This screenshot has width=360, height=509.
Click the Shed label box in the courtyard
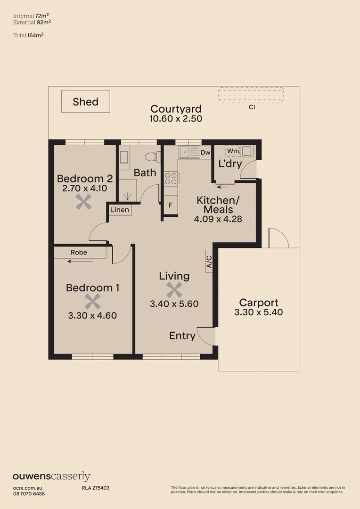(85, 102)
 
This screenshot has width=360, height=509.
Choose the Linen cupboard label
(120, 210)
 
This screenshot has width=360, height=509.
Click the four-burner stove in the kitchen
(171, 178)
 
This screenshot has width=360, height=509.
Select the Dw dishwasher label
(205, 152)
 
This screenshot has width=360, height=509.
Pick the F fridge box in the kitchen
(170, 205)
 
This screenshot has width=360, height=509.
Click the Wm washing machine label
(233, 151)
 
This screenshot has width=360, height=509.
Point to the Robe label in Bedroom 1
(79, 253)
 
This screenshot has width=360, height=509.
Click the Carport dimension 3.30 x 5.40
(258, 312)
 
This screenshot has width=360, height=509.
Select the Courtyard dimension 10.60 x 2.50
(176, 119)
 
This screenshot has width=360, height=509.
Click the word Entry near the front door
(182, 336)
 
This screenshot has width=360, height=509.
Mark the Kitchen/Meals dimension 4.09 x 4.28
(218, 219)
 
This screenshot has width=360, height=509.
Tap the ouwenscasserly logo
(51, 476)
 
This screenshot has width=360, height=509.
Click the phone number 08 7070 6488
(29, 493)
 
